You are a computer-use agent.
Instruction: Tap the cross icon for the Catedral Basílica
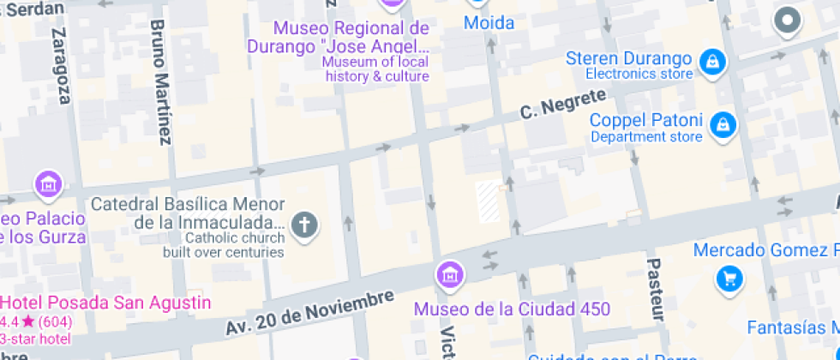click(x=304, y=225)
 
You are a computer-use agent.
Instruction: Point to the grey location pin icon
click(x=786, y=21)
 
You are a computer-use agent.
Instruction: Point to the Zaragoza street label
click(x=60, y=65)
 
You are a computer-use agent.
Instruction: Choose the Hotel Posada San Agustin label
click(x=105, y=303)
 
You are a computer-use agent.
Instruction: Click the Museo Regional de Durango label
click(x=338, y=36)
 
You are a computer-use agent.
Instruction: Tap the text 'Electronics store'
click(x=639, y=75)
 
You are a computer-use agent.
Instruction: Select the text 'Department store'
click(x=646, y=137)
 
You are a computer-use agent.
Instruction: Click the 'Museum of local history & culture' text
click(x=377, y=69)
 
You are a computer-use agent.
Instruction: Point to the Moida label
click(x=489, y=23)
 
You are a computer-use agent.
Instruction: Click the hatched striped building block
click(x=489, y=201)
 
